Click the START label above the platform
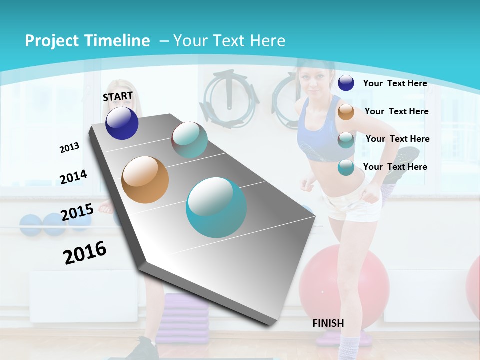pyautogui.click(x=118, y=96)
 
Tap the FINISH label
pyautogui.click(x=328, y=323)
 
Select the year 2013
pyautogui.click(x=69, y=148)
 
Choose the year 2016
pyautogui.click(x=85, y=252)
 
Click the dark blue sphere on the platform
pyautogui.click(x=122, y=123)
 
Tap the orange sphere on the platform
pyautogui.click(x=145, y=180)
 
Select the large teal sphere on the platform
pyautogui.click(x=216, y=207)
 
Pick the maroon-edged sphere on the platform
pyautogui.click(x=189, y=140)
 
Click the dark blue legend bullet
pyautogui.click(x=346, y=83)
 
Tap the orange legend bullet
pyautogui.click(x=346, y=111)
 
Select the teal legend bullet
pyautogui.click(x=346, y=167)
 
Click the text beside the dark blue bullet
pyautogui.click(x=395, y=83)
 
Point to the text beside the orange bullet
pyautogui.click(x=396, y=111)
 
